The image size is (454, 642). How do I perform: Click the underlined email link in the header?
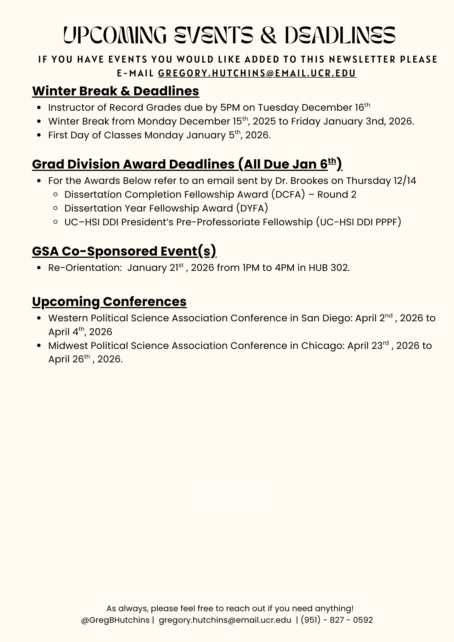tap(257, 74)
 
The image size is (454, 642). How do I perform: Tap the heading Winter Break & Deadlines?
tap(116, 91)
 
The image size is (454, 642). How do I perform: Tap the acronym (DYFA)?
tap(252, 209)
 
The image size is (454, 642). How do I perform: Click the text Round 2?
tap(337, 195)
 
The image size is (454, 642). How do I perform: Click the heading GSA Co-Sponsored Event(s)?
tap(124, 251)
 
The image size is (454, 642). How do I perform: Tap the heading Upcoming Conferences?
tap(109, 302)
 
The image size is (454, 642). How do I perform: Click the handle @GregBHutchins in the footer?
tap(115, 620)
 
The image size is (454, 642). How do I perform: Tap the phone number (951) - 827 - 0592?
tap(337, 620)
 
